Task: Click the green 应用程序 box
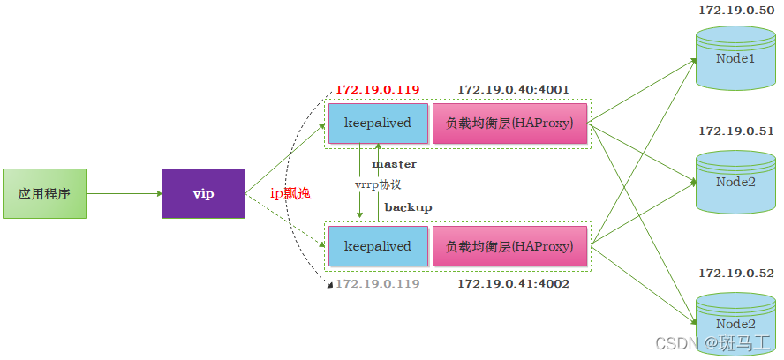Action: [x=44, y=193]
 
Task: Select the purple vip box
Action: [x=204, y=193]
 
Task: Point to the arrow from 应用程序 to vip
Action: [x=124, y=193]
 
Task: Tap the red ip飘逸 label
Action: [x=290, y=193]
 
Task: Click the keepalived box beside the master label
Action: [x=377, y=124]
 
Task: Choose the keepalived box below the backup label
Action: [x=377, y=246]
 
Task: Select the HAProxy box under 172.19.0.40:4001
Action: [x=509, y=124]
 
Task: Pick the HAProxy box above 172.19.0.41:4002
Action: [x=509, y=246]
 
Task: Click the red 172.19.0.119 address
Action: [x=377, y=90]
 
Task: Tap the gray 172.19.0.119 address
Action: [x=377, y=284]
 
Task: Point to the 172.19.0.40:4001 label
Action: [x=513, y=90]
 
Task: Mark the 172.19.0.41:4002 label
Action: [x=513, y=284]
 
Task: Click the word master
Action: [x=394, y=164]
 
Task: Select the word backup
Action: [x=408, y=206]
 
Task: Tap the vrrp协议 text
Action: [x=378, y=184]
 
